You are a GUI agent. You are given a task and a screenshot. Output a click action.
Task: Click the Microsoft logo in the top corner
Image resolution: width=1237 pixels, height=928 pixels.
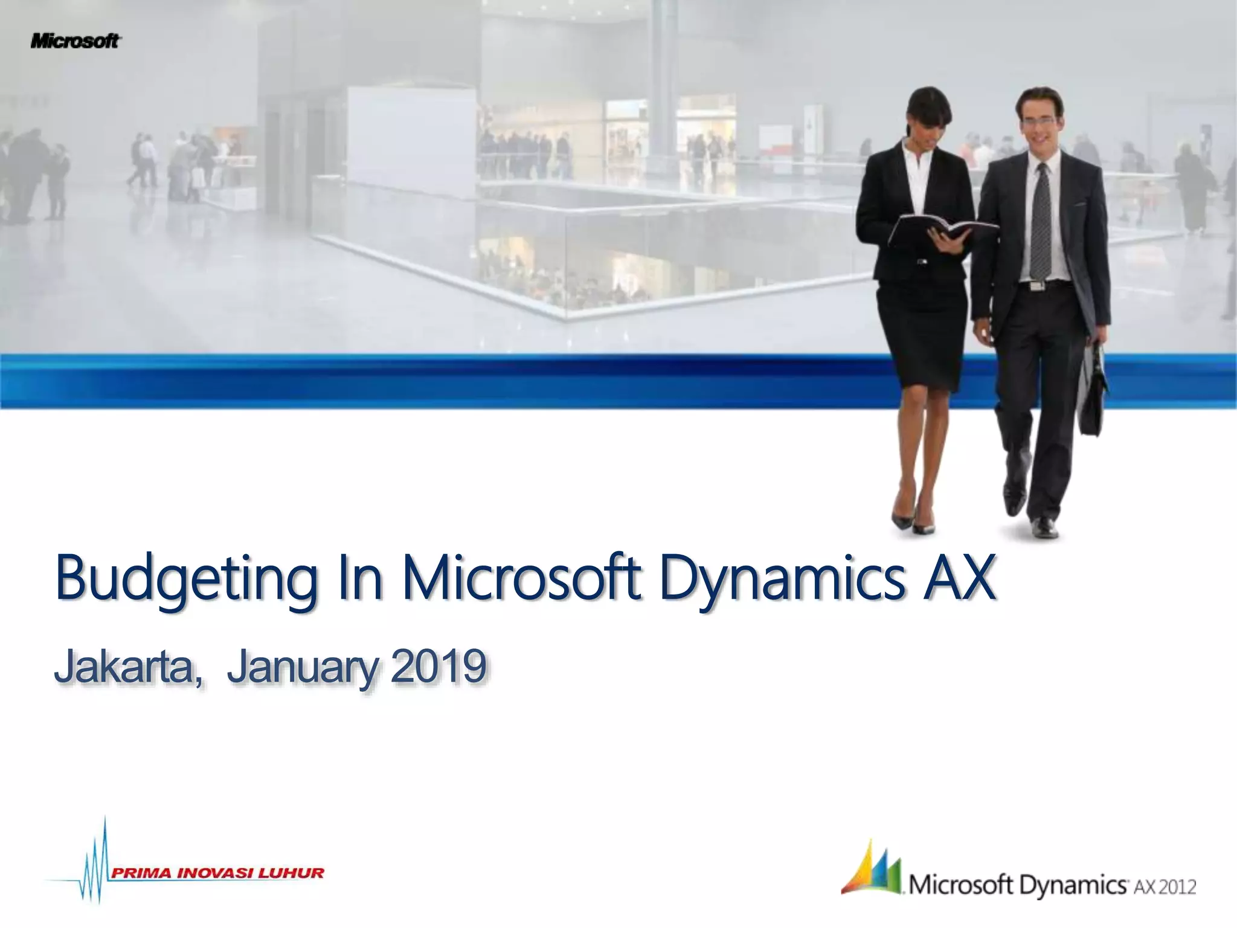(x=76, y=41)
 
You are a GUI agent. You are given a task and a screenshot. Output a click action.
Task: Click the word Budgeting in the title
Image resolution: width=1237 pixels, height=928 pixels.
(x=186, y=578)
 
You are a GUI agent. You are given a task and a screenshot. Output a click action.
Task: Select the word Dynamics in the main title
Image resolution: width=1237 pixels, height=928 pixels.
(x=782, y=578)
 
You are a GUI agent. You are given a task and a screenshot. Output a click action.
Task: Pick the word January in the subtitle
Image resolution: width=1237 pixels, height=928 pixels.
(x=304, y=667)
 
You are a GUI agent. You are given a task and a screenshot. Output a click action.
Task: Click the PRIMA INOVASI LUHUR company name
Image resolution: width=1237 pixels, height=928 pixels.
(x=217, y=872)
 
